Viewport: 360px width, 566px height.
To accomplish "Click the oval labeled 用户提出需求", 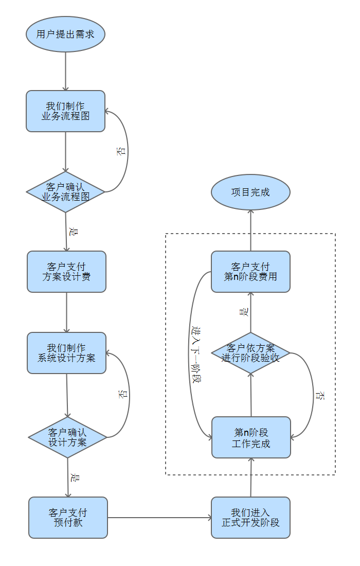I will pyautogui.click(x=65, y=34).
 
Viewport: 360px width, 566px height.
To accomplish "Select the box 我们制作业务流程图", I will pyautogui.click(x=65, y=111).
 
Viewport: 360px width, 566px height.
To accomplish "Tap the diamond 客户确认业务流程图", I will pyautogui.click(x=65, y=192).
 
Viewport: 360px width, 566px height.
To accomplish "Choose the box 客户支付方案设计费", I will pyautogui.click(x=66, y=272).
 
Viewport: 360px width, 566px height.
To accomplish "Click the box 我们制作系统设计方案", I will pyautogui.click(x=66, y=352).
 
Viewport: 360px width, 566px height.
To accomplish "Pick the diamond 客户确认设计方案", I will pyautogui.click(x=67, y=437).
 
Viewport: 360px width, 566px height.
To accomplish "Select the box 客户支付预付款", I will pyautogui.click(x=68, y=518).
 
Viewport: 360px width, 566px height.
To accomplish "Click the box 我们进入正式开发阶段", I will pyautogui.click(x=250, y=518).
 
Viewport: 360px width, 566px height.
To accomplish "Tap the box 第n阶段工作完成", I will pyautogui.click(x=251, y=437).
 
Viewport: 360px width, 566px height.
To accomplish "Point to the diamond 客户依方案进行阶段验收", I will pyautogui.click(x=250, y=353).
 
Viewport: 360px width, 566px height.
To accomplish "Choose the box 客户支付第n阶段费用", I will pyautogui.click(x=250, y=272).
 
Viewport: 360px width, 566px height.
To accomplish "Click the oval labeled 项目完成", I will pyautogui.click(x=250, y=192).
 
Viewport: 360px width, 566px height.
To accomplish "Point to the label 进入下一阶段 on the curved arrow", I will pyautogui.click(x=195, y=355).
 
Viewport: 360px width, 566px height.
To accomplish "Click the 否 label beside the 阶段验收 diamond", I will pyautogui.click(x=320, y=396).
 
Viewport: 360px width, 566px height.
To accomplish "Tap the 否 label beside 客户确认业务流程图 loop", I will pyautogui.click(x=121, y=151).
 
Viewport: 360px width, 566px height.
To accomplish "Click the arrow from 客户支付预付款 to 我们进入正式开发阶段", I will pyautogui.click(x=159, y=518).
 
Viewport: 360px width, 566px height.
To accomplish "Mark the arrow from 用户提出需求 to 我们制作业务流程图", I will pyautogui.click(x=66, y=71).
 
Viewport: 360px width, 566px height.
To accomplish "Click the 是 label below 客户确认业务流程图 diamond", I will pyautogui.click(x=73, y=232).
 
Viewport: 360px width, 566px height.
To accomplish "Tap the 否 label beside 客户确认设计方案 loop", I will pyautogui.click(x=123, y=395).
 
